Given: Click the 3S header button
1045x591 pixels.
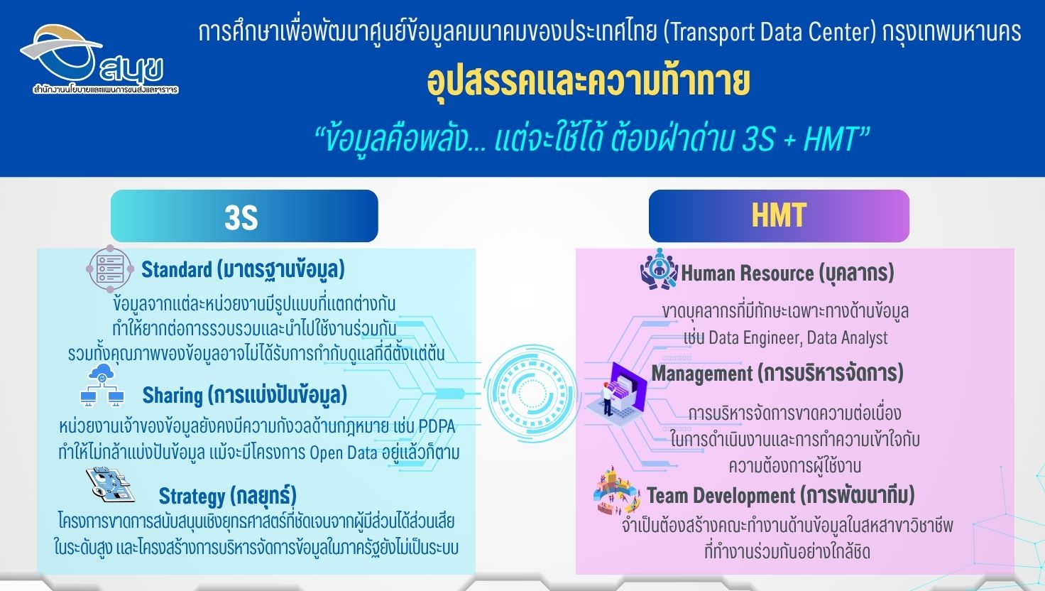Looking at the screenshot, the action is pos(244,216).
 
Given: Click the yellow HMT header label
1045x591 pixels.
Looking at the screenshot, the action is pos(779,215).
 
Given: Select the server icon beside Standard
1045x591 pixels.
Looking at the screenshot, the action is pos(110,269).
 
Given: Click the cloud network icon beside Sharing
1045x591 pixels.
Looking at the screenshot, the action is pos(102,385).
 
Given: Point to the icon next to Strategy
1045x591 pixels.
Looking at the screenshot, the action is pos(110,484).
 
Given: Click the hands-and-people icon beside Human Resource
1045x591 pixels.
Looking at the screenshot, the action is pos(659,269).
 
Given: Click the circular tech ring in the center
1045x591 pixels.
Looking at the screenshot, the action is pos(531,393).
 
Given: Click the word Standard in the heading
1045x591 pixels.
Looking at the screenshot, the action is pos(177,270).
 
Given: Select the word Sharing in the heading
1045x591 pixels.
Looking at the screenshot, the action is pos(172,396).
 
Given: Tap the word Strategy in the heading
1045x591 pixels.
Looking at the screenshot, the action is pos(192,497).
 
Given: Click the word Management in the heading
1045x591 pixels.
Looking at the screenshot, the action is pos(702,374).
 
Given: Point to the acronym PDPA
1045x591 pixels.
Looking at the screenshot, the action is pos(437,427).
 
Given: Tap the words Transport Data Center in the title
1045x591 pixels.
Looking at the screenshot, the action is pos(770,33).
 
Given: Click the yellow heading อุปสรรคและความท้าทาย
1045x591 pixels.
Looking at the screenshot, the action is pos(589,83).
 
